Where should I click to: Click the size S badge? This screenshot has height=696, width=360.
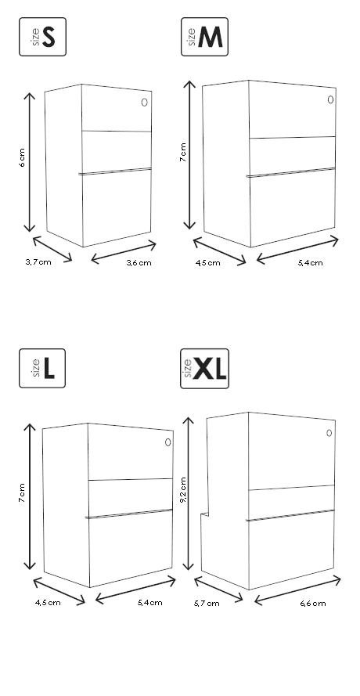point(42,37)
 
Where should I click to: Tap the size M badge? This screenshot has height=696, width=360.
point(204,37)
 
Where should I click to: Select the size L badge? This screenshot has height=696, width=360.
point(42,368)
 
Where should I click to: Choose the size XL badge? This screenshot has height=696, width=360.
point(204,369)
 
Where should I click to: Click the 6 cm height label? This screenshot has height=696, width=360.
point(22,158)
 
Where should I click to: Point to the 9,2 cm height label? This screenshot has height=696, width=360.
point(183,489)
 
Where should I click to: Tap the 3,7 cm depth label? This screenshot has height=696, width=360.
point(38,262)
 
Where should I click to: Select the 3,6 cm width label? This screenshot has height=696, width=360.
point(139,263)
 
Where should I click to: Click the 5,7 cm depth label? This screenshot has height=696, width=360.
point(207,604)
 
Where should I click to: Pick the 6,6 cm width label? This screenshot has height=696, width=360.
point(313,604)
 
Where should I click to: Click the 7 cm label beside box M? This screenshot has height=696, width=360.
point(183,152)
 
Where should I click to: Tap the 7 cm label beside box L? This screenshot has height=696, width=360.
point(21,492)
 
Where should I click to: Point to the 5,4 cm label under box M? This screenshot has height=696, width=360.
point(310,263)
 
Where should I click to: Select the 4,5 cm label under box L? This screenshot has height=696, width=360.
point(48,602)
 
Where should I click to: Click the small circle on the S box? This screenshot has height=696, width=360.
point(144,103)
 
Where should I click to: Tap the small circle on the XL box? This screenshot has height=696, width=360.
point(329,433)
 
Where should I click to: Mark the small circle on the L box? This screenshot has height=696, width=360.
point(167,442)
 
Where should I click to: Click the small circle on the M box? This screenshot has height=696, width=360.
point(330,100)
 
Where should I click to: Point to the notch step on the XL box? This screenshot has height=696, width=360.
point(204,514)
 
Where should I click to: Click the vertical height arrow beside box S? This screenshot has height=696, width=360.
point(29,163)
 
